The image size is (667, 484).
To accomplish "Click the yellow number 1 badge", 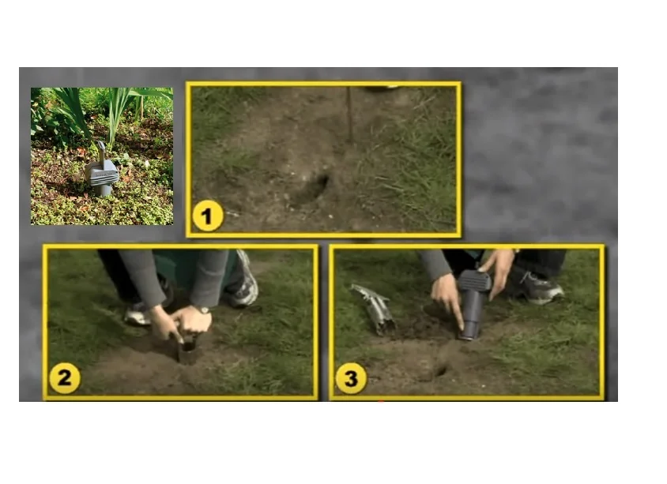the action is click(208, 216).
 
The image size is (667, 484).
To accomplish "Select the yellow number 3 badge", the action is click(351, 378).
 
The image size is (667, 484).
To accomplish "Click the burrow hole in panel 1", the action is click(315, 189).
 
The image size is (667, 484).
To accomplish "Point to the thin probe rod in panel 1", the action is click(350, 114).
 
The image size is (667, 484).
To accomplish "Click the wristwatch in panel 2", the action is click(202, 310).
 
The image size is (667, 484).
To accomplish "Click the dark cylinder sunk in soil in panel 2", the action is click(187, 351).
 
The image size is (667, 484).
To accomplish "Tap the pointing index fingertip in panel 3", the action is click(462, 328).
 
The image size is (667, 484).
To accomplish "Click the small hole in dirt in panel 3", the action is click(440, 371).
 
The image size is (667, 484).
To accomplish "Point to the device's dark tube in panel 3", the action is click(471, 315).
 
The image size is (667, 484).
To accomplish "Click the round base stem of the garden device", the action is click(102, 190).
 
